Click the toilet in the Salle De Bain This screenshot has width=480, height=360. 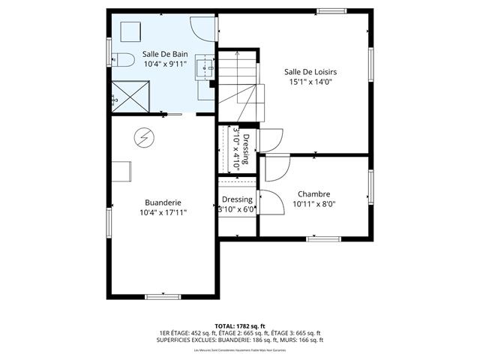tap(124, 60)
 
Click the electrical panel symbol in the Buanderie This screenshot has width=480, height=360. tap(143, 137)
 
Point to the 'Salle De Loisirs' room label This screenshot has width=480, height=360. tap(310, 72)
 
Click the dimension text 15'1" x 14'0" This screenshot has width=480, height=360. tap(310, 83)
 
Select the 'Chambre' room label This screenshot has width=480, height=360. tap(313, 193)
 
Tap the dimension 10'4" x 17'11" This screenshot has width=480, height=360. tap(163, 212)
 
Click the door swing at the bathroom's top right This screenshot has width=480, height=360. tap(202, 28)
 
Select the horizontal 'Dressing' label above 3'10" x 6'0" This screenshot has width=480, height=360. tap(237, 199)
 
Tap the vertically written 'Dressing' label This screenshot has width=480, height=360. tap(246, 150)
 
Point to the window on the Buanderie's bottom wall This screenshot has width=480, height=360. tap(163, 297)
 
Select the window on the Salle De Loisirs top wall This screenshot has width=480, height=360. tap(329, 11)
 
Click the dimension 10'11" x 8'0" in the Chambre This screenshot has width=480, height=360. tap(313, 203)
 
